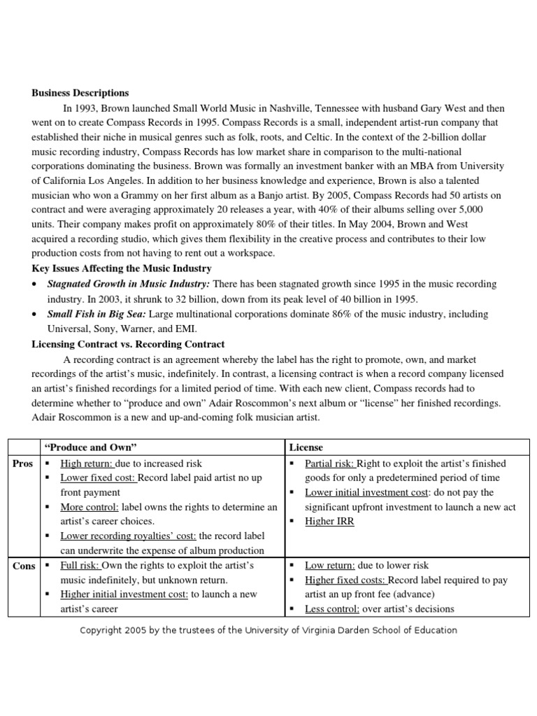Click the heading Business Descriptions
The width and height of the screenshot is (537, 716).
pyautogui.click(x=80, y=92)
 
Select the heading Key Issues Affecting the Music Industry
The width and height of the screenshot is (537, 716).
pyautogui.click(x=122, y=268)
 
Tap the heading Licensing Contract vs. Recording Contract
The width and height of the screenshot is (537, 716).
pyautogui.click(x=128, y=344)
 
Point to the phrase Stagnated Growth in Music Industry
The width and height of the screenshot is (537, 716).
pyautogui.click(x=128, y=284)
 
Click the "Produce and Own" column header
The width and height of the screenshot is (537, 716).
pyautogui.click(x=90, y=447)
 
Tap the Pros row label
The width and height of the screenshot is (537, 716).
pyautogui.click(x=22, y=464)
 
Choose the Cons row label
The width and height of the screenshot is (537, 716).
pyautogui.click(x=23, y=566)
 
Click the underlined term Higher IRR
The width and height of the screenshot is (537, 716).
pyautogui.click(x=330, y=522)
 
